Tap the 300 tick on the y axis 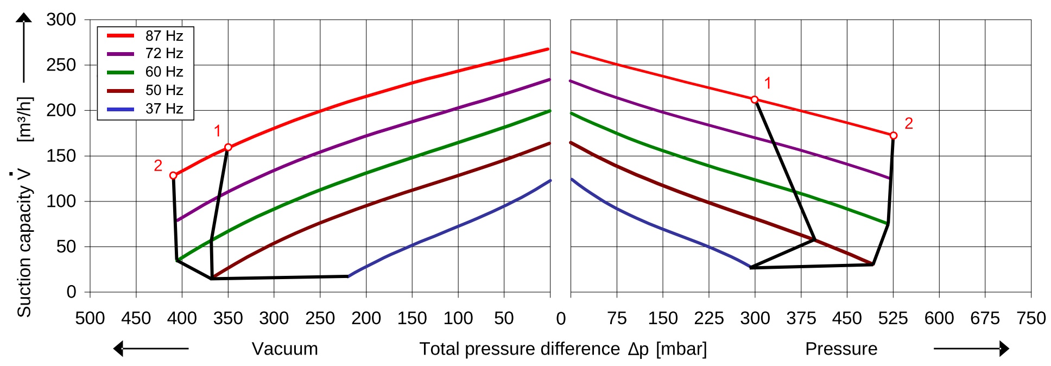(x=61, y=20)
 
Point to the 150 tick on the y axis (x=61, y=156)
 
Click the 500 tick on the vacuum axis (x=90, y=318)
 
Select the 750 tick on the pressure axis (x=1031, y=318)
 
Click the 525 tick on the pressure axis (x=893, y=318)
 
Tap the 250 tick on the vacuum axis (x=320, y=318)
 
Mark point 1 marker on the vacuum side (x=228, y=147)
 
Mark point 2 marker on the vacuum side (x=173, y=175)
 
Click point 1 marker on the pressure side (x=755, y=99)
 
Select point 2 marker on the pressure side (x=894, y=135)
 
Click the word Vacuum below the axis (x=285, y=349)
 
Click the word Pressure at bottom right (x=841, y=349)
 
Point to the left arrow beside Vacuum (x=150, y=349)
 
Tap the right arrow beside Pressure (x=971, y=349)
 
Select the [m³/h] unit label (x=25, y=119)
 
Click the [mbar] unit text (x=681, y=349)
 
